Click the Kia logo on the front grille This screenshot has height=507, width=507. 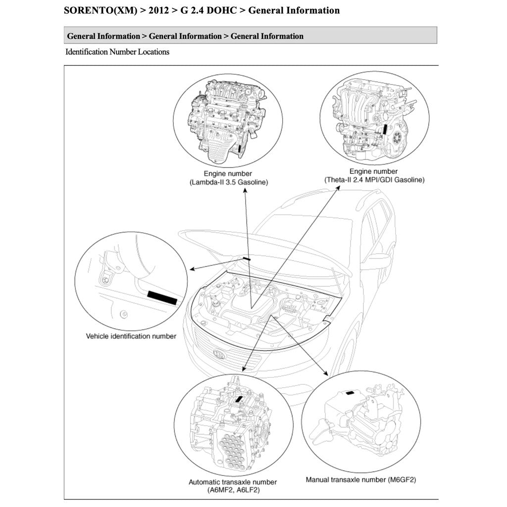click(218, 355)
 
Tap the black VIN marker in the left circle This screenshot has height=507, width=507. click(162, 298)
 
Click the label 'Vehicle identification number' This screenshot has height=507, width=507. click(131, 336)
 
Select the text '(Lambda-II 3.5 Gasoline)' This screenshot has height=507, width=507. click(228, 182)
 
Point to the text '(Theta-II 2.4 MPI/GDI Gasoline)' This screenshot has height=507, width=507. click(374, 180)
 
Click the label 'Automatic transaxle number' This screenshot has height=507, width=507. click(233, 482)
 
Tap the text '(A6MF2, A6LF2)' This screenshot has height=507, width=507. click(233, 490)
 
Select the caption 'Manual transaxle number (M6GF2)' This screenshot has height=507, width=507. click(364, 479)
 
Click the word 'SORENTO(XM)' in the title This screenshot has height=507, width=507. click(101, 10)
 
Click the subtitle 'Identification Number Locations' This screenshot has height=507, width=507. click(117, 51)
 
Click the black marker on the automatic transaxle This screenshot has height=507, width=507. click(240, 399)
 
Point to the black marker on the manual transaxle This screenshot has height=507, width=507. click(350, 392)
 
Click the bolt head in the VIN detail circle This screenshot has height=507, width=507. click(106, 281)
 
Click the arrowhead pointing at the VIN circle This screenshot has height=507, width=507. click(191, 269)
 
